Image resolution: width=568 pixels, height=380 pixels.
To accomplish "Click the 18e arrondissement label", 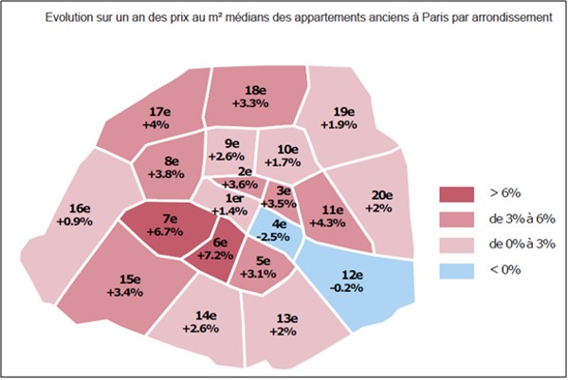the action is tap(255, 90).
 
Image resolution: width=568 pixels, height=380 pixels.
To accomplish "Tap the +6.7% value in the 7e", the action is tap(165, 231).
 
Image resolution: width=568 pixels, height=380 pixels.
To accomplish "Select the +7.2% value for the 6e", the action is tap(215, 255).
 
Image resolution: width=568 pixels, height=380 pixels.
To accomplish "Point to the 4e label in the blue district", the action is tap(279, 225).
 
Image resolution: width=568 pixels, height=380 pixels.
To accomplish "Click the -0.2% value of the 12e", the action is tap(347, 288).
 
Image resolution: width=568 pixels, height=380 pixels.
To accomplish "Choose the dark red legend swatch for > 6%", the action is tap(456, 194).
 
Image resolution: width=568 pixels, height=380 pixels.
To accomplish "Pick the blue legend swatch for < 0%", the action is tap(456, 271).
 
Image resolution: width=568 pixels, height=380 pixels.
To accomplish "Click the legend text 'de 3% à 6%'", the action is tap(522, 219).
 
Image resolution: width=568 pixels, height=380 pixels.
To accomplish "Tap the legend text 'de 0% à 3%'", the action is tap(522, 244).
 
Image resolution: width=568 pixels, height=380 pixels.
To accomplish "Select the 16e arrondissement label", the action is tap(80, 208).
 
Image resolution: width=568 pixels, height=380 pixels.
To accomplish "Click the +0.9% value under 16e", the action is tap(75, 221).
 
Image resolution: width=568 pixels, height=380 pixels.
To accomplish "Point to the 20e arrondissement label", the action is tap(382, 195).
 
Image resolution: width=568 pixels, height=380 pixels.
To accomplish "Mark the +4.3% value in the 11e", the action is tap(327, 223).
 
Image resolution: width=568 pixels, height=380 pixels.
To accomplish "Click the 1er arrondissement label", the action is tap(234, 198).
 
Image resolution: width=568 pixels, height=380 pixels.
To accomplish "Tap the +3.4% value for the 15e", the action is tap(125, 292).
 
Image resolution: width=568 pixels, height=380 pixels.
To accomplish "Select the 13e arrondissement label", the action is tap(287, 318).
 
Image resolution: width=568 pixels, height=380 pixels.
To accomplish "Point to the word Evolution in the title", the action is tap(69, 17).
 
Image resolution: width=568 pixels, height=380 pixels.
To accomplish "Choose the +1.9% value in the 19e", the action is tap(339, 125).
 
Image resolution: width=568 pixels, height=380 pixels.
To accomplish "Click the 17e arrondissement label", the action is tap(159, 112).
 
